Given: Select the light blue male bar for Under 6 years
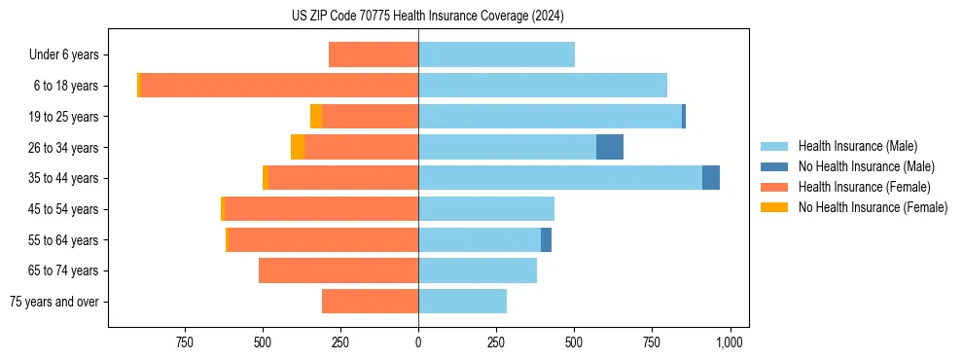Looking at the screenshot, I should (496, 54).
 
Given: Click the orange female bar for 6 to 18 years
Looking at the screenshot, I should (279, 86).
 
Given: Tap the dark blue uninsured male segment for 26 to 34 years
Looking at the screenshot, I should (610, 147).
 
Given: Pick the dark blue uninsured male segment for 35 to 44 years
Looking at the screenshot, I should (711, 178).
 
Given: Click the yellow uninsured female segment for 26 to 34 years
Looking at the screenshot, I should (298, 147).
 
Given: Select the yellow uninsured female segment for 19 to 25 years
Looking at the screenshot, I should (316, 117).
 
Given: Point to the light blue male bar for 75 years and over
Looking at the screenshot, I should (462, 302).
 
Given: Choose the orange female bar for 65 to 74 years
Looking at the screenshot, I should (339, 270).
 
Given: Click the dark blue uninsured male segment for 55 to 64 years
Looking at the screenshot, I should (546, 239).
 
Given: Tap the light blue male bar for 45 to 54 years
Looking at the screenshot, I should (486, 209).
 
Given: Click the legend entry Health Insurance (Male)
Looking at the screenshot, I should (856, 146).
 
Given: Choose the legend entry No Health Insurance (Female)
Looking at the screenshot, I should (873, 207).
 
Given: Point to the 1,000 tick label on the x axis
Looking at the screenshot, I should (730, 342).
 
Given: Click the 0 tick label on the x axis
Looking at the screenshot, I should (418, 342).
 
